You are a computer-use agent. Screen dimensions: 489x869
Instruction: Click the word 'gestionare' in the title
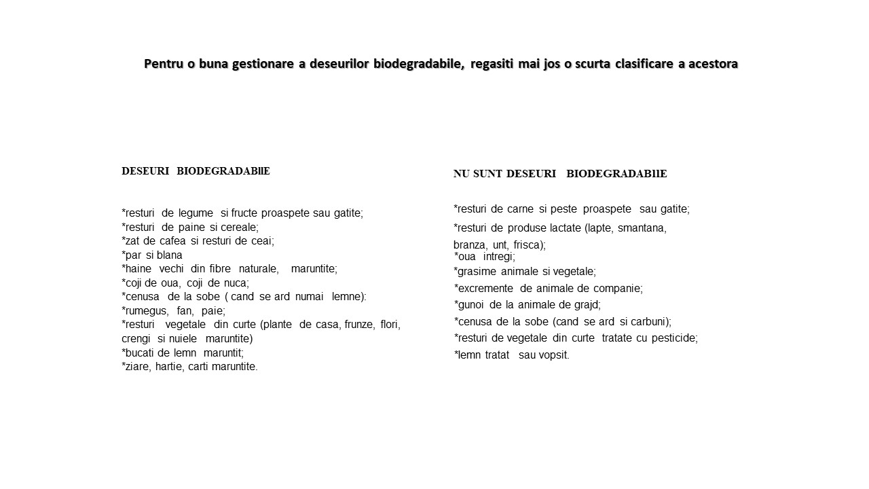(x=262, y=64)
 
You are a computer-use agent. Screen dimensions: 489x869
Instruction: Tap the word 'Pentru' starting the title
(x=164, y=64)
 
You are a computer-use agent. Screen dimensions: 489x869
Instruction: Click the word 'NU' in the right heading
(x=462, y=174)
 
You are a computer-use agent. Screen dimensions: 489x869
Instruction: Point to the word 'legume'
(x=196, y=213)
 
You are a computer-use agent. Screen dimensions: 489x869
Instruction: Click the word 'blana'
(x=169, y=255)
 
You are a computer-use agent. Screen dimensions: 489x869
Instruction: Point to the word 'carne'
(x=520, y=209)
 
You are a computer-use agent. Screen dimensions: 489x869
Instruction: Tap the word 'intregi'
(x=499, y=257)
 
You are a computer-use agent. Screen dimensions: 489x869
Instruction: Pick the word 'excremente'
(x=484, y=289)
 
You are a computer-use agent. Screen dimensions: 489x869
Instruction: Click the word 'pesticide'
(x=674, y=338)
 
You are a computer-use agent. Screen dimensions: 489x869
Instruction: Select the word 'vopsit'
(x=553, y=355)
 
